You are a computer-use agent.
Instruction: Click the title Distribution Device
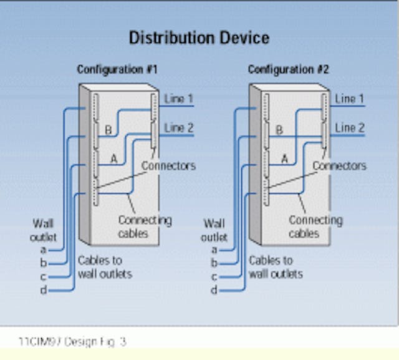coord(199,38)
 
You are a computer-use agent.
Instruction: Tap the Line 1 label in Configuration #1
coord(179,99)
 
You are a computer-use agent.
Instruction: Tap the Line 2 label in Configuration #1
coord(179,128)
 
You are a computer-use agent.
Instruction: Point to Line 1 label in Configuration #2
coord(350,99)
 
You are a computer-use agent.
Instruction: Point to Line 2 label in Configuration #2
coord(350,128)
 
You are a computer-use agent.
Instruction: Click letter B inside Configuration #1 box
coord(108,130)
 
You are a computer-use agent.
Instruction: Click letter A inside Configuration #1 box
coord(113,158)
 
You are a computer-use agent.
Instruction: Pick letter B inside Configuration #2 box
coord(279,130)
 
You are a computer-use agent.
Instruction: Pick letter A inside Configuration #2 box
coord(284,158)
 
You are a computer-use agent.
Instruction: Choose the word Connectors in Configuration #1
coord(168,166)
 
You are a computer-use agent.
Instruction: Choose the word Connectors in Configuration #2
coord(339,166)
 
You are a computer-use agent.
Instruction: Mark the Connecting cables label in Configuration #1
coord(145,227)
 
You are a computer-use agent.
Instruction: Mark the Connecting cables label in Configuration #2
coord(315,227)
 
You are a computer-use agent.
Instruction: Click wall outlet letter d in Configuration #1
coord(43,290)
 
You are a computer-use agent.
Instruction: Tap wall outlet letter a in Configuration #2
coord(214,249)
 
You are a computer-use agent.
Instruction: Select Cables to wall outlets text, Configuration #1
coord(105,267)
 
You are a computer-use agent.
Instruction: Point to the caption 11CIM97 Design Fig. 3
coord(73,342)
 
